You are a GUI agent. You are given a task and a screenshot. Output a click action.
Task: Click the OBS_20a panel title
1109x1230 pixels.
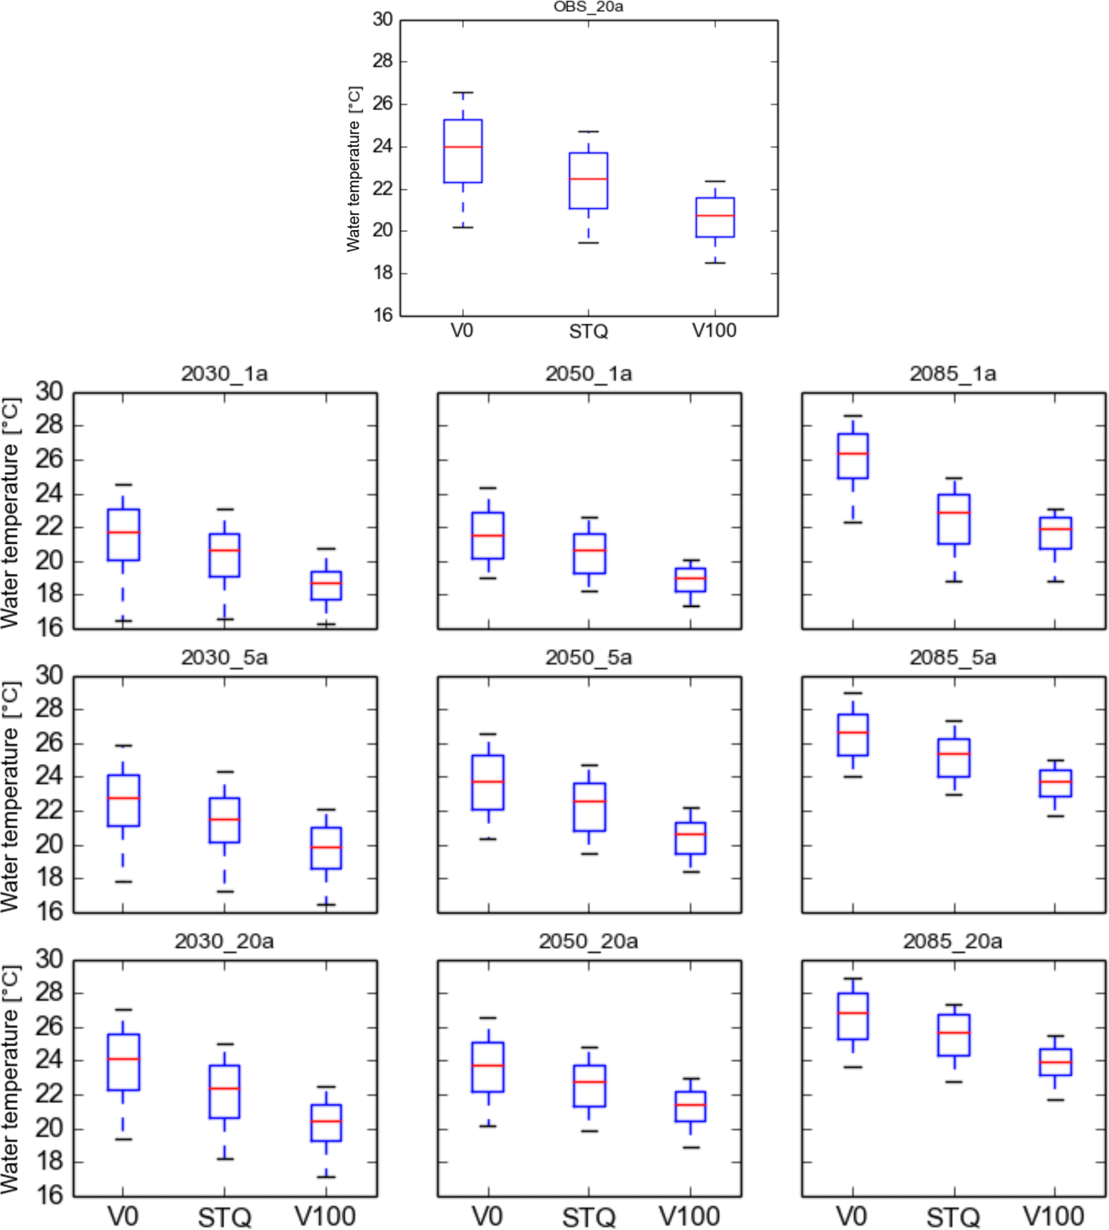pos(588,7)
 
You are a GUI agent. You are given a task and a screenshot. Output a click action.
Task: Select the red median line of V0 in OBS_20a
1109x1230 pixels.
pos(463,147)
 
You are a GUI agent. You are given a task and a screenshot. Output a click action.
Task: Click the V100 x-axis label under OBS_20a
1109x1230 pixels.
pos(714,331)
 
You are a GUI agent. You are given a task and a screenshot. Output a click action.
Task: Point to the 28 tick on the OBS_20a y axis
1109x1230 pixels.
pos(383,62)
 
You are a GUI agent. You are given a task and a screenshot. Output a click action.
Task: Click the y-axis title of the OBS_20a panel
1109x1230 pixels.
pos(354,169)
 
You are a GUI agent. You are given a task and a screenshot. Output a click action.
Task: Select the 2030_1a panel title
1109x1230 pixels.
pos(224,374)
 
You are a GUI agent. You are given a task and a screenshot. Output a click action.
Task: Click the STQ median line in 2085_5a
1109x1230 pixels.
pos(954,754)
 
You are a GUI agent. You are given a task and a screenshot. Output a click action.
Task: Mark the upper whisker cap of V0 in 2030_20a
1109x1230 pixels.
pos(123,1010)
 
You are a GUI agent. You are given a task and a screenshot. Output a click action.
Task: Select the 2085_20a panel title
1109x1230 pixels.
pos(953,942)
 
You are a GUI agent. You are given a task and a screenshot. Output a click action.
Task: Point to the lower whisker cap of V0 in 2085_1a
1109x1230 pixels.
pos(853,522)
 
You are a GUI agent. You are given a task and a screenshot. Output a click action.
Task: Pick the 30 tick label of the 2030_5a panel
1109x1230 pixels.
pos(49,675)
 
